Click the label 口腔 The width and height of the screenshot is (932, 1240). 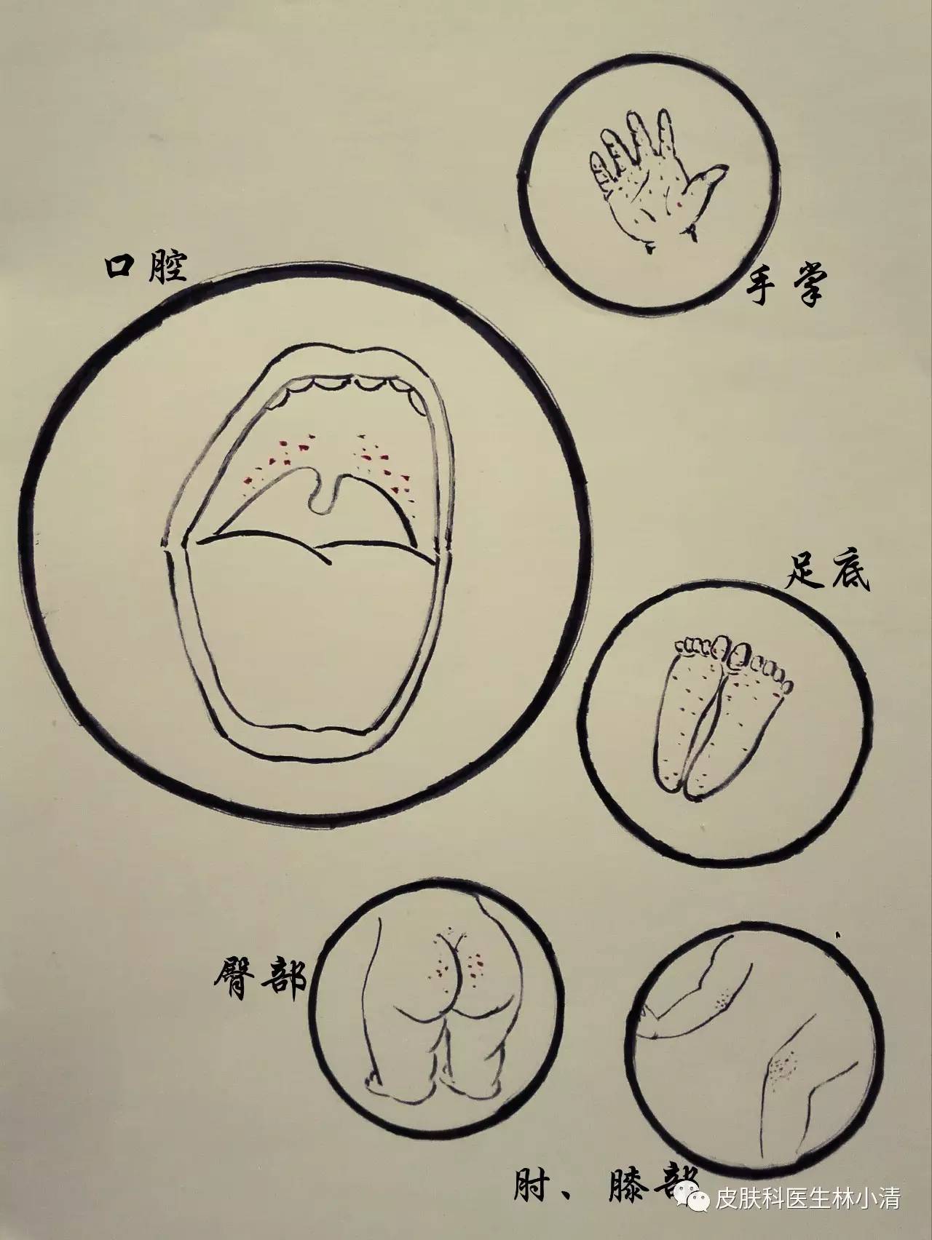(x=146, y=268)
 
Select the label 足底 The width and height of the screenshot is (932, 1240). (x=829, y=573)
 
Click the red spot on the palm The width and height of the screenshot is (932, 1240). (x=680, y=208)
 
